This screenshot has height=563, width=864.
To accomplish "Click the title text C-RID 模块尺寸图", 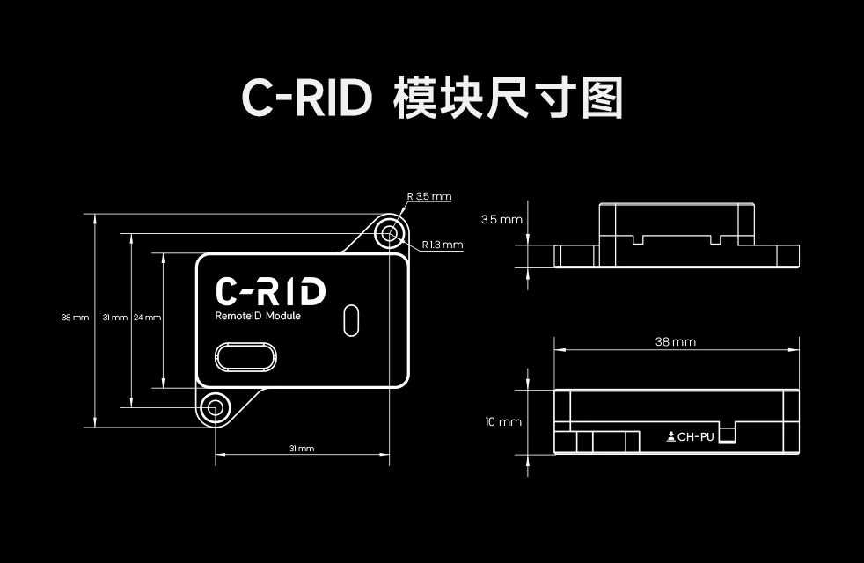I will (x=431, y=99).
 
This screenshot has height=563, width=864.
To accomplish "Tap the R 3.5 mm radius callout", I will (x=428, y=196).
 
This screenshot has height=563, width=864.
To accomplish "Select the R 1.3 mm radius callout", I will (x=442, y=245).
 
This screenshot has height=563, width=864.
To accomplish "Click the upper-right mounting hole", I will (x=390, y=233).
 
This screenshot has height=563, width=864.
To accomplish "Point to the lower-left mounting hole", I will (x=215, y=406).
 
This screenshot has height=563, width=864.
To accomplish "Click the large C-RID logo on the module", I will (x=270, y=292).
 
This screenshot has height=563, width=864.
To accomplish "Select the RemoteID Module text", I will (x=258, y=317).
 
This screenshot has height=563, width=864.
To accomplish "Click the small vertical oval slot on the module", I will (x=351, y=319).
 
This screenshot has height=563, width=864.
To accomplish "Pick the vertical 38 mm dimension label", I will (x=75, y=317).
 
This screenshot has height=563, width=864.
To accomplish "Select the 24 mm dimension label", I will (x=146, y=317).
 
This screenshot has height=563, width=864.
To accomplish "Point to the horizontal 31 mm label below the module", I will (x=302, y=449).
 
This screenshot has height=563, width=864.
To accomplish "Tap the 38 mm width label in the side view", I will (x=676, y=341).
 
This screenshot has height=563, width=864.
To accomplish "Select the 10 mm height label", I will (x=503, y=422).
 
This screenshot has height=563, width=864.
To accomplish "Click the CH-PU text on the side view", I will (x=696, y=436).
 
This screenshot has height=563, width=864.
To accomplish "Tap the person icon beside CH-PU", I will (x=670, y=436).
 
